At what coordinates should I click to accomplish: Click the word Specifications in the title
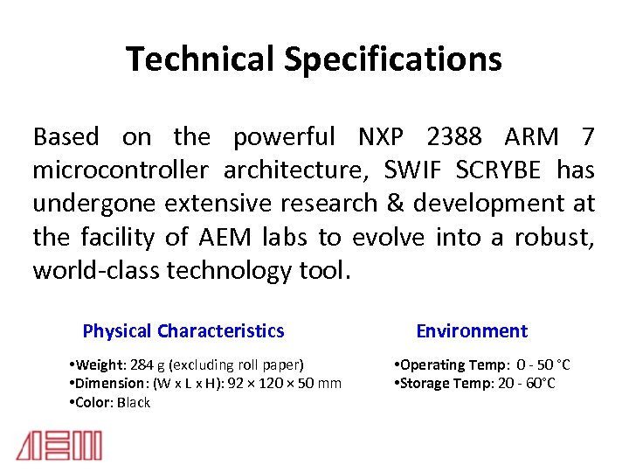click(391, 59)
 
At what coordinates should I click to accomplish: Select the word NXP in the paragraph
click(382, 136)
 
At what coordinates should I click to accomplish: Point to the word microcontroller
click(121, 170)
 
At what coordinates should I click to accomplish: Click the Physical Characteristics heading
click(183, 331)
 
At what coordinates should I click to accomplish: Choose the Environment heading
click(472, 331)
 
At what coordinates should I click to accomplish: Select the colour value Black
click(135, 403)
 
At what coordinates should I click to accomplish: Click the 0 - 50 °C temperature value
click(543, 364)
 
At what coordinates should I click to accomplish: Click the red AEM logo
click(59, 446)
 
